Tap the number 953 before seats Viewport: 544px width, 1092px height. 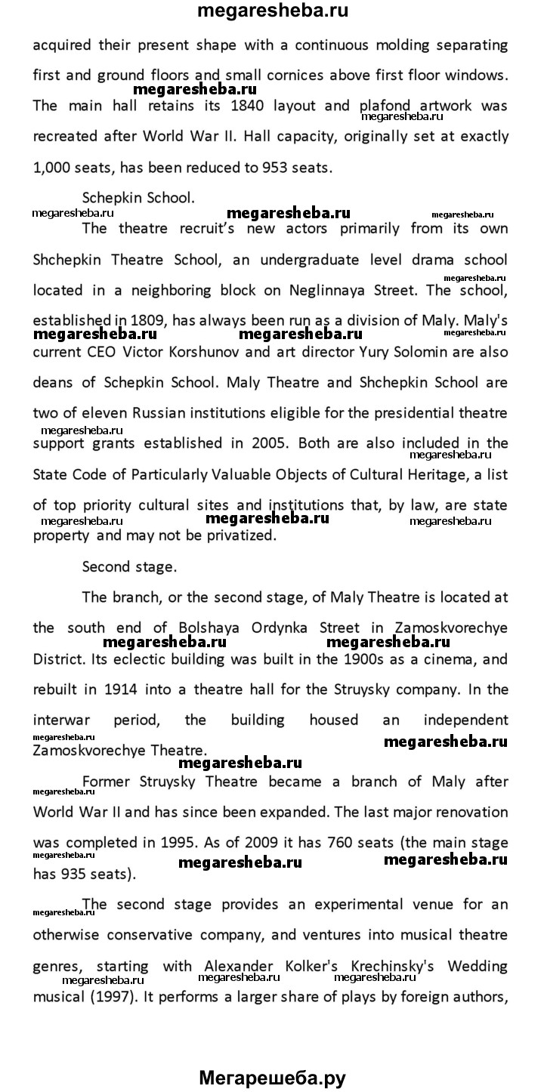277,168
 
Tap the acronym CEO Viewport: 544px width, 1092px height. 103,352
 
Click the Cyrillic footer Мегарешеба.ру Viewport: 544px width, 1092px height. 272,1078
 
